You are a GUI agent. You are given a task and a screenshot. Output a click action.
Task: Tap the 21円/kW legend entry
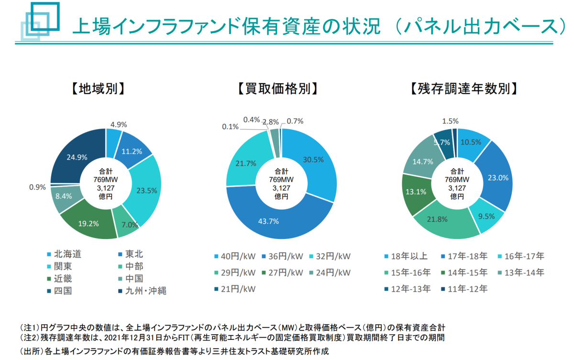(x=234, y=289)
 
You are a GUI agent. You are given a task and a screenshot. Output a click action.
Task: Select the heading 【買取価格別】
(x=278, y=89)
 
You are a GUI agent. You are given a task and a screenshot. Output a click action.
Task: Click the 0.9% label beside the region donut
(x=37, y=187)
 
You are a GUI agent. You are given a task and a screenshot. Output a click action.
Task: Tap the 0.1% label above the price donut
(x=231, y=127)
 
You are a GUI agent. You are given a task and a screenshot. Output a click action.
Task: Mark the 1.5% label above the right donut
(x=451, y=121)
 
